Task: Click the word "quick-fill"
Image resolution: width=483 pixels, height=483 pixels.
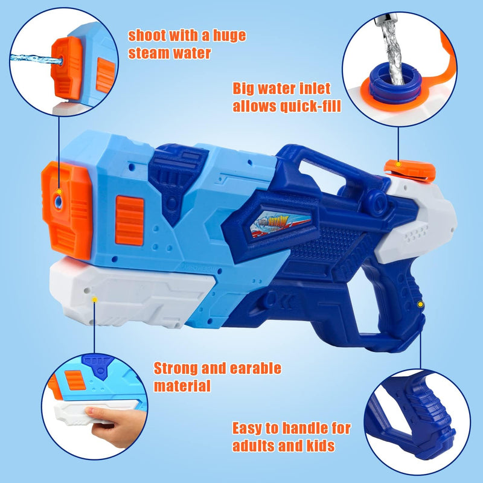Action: tap(310, 107)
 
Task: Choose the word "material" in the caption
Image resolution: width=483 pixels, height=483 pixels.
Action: tap(182, 386)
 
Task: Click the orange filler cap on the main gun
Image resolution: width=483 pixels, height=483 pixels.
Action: tap(410, 170)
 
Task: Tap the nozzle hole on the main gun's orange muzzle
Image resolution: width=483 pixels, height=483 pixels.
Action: tap(58, 202)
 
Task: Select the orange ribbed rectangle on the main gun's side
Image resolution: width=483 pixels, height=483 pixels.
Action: tap(130, 220)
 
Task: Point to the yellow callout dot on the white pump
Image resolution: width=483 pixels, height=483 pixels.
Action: tap(95, 299)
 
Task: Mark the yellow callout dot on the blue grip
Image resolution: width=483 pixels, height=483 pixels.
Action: tap(420, 305)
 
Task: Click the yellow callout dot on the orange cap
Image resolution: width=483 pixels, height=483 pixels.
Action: tap(398, 164)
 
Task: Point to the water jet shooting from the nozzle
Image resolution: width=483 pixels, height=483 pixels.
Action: tap(36, 59)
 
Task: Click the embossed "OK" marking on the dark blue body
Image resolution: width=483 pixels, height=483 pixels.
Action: tap(280, 300)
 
